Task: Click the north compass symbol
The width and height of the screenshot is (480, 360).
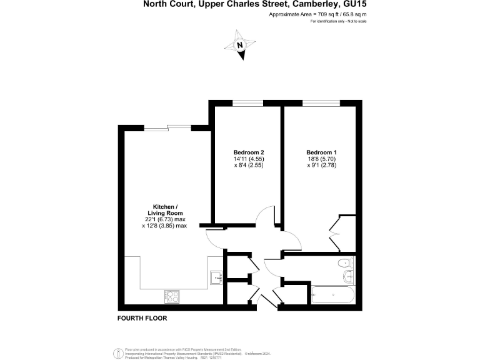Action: (239, 45)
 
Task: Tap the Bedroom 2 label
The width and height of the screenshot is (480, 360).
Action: (249, 152)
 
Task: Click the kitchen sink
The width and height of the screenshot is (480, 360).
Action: (217, 276)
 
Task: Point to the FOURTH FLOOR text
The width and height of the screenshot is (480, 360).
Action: (142, 318)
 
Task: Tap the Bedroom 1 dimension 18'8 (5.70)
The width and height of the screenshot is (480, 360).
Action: (321, 159)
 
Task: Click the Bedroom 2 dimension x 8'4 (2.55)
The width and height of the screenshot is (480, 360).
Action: (249, 166)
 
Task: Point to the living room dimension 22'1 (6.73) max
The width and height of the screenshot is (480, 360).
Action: (166, 219)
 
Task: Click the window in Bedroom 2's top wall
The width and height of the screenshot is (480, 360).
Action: (248, 102)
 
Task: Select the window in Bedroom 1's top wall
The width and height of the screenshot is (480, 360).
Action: (321, 102)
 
